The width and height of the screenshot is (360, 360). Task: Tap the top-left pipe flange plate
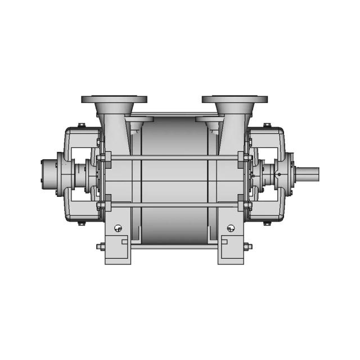[x=114, y=100]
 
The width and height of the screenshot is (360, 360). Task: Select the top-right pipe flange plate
[x=235, y=100]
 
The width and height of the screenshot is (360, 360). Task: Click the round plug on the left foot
[x=118, y=228]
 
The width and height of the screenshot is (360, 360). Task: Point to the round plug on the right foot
[x=231, y=228]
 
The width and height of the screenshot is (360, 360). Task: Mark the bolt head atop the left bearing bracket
[x=81, y=125]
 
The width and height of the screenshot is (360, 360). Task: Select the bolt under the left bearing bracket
[x=81, y=223]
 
